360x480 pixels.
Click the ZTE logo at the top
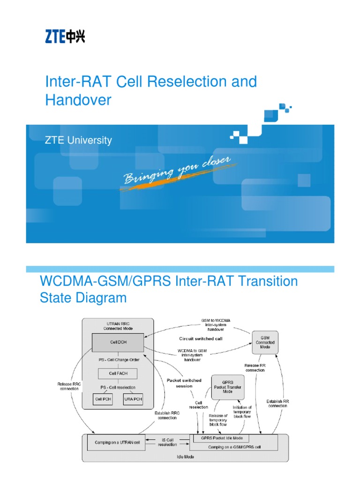tap(65, 36)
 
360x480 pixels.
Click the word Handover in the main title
tap(78, 100)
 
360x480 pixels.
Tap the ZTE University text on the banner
tap(78, 140)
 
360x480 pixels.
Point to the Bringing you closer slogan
tap(177, 172)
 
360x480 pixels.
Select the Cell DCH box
tap(118, 342)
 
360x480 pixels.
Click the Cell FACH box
tap(118, 374)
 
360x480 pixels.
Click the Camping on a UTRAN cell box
tap(115, 442)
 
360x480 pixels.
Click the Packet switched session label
tap(184, 383)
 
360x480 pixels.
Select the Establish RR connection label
tap(277, 403)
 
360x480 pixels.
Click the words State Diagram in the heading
tap(83, 298)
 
